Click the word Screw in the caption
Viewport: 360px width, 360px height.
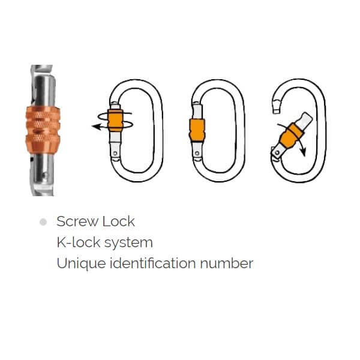click(77, 221)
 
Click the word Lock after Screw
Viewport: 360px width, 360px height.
click(118, 221)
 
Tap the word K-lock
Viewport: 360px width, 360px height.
click(79, 242)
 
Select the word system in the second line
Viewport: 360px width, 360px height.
click(128, 244)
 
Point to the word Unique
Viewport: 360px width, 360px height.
click(81, 263)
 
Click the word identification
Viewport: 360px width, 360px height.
click(152, 263)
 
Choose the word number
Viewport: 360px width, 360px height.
click(227, 263)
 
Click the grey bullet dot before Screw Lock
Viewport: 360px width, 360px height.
click(43, 222)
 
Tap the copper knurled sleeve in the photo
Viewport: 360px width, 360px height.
click(43, 130)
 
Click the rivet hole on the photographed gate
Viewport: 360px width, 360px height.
click(46, 176)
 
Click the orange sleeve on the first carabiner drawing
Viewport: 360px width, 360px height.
click(115, 121)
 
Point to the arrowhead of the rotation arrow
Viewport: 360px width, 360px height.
click(96, 127)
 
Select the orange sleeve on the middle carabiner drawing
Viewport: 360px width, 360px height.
click(197, 130)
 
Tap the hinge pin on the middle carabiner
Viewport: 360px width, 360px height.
click(197, 153)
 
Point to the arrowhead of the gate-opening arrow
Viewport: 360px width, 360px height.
click(303, 152)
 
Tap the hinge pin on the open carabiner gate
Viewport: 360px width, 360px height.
click(277, 152)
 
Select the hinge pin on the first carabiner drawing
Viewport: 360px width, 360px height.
click(115, 153)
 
